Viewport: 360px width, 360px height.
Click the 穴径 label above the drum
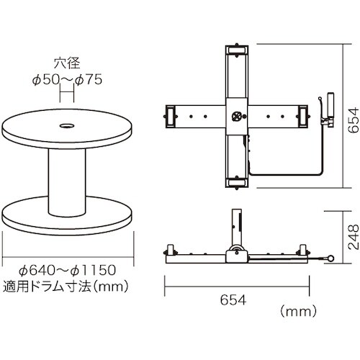click(67, 63)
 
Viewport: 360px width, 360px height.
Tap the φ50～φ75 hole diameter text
click(67, 80)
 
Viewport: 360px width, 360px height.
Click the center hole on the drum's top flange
click(67, 125)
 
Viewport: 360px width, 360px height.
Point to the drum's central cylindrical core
click(67, 182)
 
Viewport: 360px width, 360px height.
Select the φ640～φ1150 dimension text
click(68, 270)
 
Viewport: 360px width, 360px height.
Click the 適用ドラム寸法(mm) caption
click(66, 286)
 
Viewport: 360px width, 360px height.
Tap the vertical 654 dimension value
click(353, 120)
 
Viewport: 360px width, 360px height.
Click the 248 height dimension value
click(354, 237)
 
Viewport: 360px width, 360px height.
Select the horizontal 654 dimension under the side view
click(233, 300)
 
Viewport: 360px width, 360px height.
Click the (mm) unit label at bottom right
click(298, 312)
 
